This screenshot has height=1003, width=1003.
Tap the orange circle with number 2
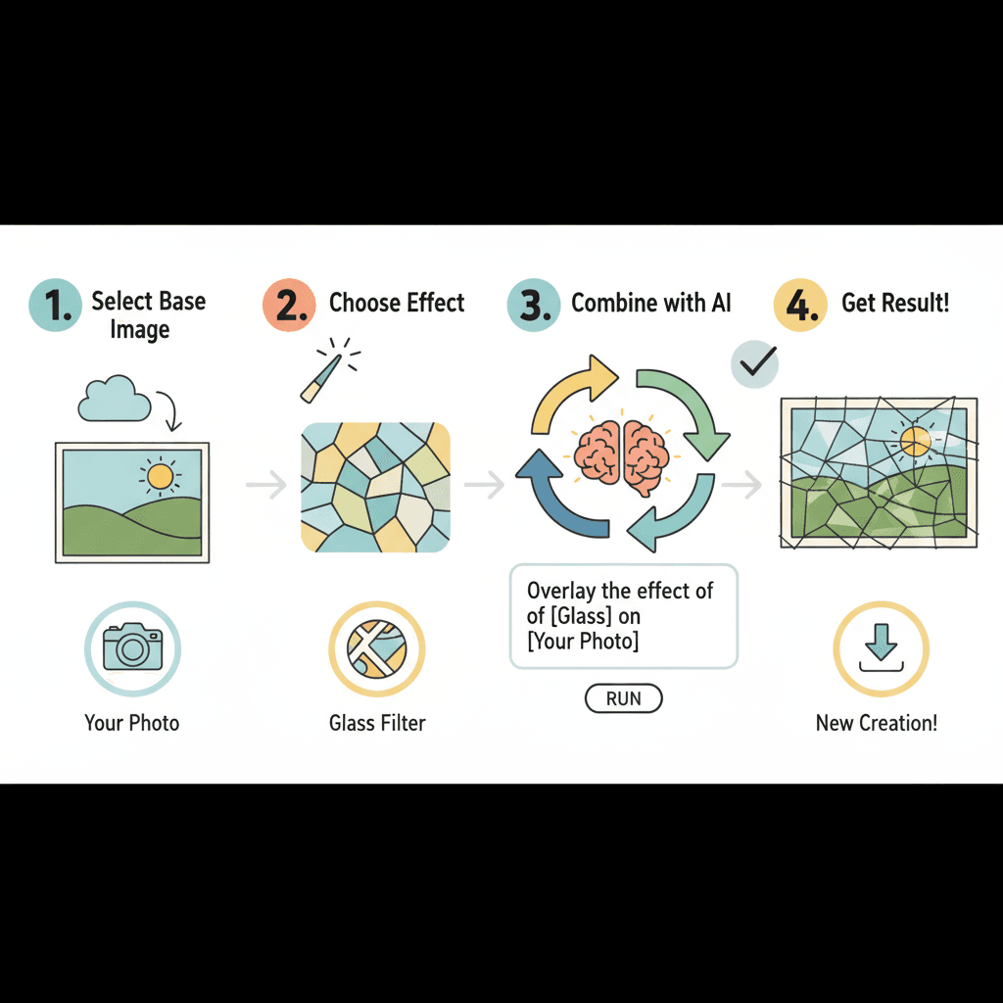pos(289,305)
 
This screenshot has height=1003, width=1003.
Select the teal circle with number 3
pos(533,305)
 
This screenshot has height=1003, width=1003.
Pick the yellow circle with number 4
pos(800,305)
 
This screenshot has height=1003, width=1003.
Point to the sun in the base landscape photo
pos(160,477)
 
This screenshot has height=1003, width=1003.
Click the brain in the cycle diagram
pos(623,456)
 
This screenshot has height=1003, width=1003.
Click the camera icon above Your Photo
pos(132,647)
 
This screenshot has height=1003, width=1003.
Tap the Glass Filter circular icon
pos(377,647)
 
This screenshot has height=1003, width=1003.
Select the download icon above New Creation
pos(881,647)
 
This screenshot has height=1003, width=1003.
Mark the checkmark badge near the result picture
pos(754,366)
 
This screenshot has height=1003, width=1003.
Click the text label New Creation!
pos(877,724)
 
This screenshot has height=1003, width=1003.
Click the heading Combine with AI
pos(651,303)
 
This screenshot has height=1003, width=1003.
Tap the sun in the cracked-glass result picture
pos(916,440)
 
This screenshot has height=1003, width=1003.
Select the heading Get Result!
pos(895,303)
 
